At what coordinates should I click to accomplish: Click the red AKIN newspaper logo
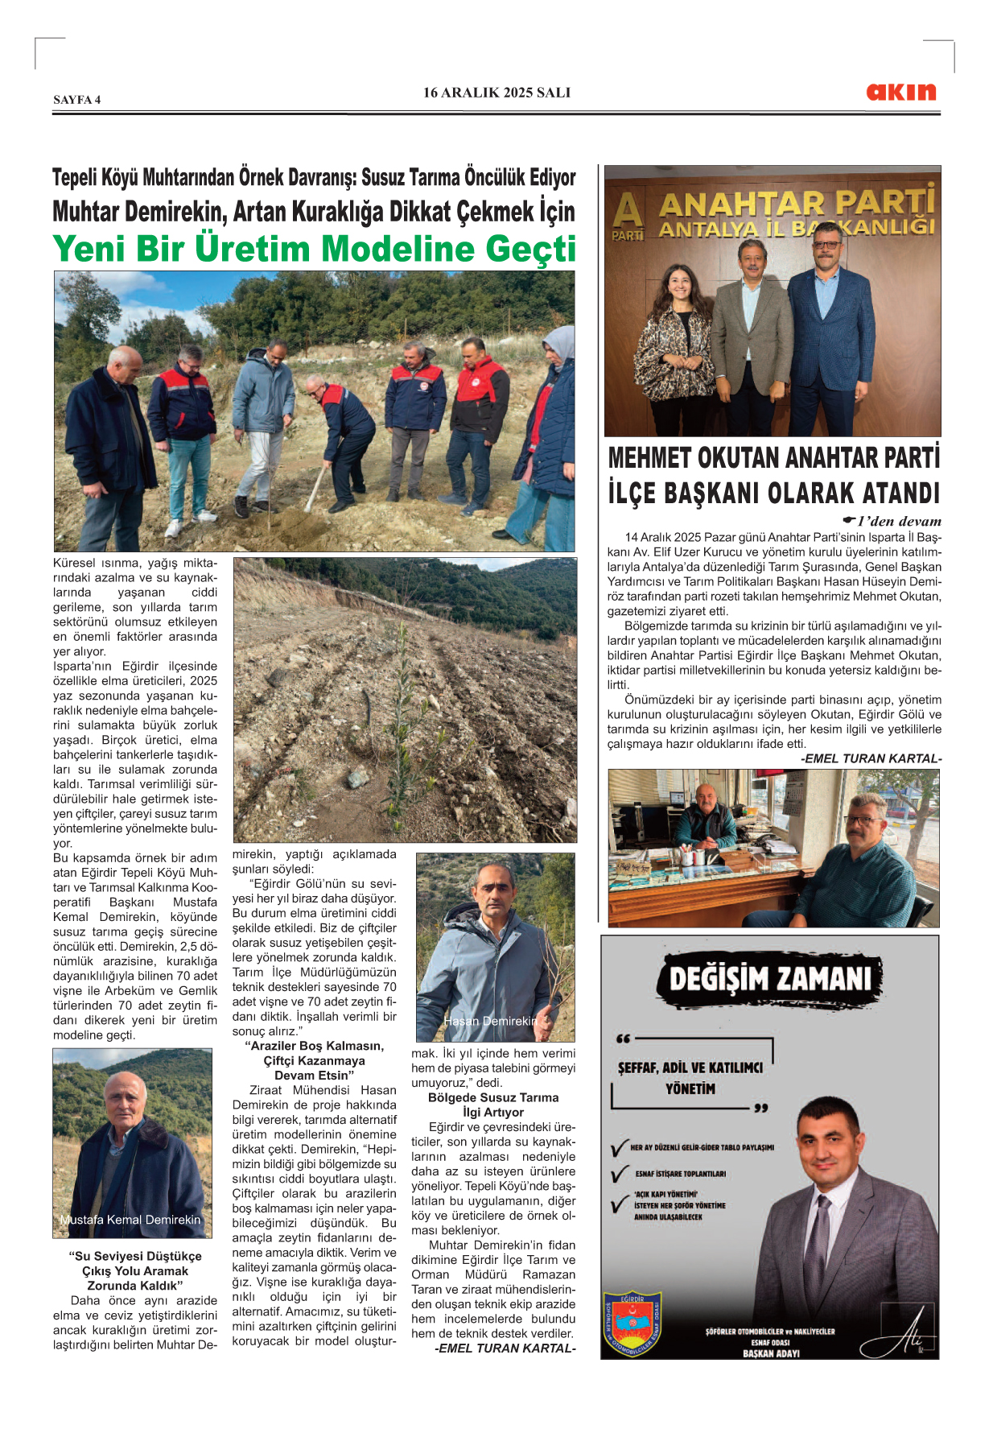point(900,92)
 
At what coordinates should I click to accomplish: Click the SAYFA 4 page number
point(77,100)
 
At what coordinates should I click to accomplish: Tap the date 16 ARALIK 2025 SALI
point(496,93)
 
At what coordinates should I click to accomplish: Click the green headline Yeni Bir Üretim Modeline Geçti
point(315,249)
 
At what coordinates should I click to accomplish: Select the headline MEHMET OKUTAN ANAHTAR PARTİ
point(773,458)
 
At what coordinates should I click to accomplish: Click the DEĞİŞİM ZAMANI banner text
point(770,979)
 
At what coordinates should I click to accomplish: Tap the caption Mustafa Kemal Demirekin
point(130,1220)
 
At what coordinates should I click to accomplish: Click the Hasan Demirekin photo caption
point(490,1021)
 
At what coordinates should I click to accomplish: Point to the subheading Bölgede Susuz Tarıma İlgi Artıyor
point(493,1105)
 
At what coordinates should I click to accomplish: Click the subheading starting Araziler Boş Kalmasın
point(314,1060)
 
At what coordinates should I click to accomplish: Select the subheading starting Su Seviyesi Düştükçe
point(134,1270)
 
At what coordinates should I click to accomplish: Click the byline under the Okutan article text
point(871,758)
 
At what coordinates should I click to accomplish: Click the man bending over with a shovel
point(342,435)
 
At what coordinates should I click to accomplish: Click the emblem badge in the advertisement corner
point(632,1322)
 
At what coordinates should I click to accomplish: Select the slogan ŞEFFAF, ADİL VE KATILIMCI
point(690,1068)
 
